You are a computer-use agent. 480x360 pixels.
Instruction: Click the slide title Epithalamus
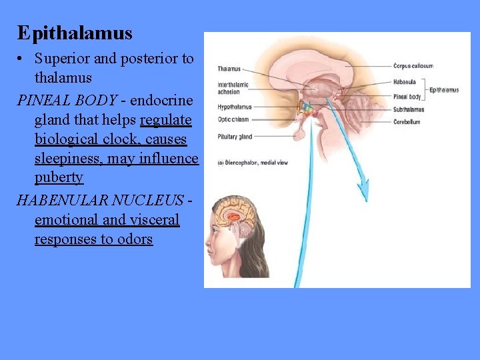75,33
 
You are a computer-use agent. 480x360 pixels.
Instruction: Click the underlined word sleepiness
69,159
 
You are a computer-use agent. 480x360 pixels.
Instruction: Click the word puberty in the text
59,178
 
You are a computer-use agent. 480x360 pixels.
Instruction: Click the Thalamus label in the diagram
229,69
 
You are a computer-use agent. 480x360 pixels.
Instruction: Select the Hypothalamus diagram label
234,107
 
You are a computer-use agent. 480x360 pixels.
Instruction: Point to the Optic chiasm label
233,119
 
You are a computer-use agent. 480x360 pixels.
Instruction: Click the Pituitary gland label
235,137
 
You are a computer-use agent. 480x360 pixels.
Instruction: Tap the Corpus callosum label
413,66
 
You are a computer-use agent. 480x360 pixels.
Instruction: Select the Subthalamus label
408,109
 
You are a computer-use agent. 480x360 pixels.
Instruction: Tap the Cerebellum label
407,122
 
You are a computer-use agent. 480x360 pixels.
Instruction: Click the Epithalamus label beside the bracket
444,90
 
